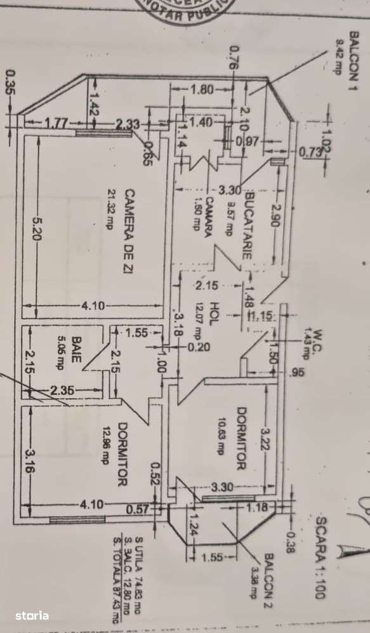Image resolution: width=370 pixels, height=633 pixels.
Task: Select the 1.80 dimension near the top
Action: (202, 89)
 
